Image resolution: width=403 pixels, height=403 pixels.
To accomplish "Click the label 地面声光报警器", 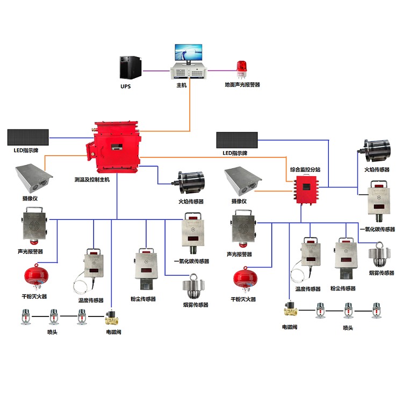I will (242, 85).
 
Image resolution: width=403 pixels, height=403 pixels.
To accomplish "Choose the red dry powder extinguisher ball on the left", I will (34, 276).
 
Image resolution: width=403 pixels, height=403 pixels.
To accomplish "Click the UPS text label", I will (125, 86).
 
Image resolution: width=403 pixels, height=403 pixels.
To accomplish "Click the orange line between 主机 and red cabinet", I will (190, 107).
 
